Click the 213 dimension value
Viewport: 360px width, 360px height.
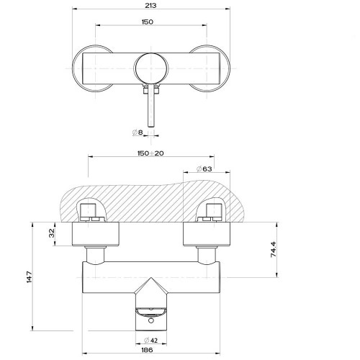click(150, 5)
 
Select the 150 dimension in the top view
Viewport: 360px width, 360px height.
click(148, 22)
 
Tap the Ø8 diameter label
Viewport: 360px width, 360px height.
click(138, 132)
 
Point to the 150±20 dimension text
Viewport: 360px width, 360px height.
click(150, 153)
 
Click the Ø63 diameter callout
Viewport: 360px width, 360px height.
click(204, 169)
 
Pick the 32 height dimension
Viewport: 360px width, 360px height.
click(52, 233)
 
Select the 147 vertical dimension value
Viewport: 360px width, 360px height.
click(30, 277)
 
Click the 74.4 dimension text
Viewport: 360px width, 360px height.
click(274, 250)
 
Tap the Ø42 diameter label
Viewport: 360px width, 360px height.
click(151, 340)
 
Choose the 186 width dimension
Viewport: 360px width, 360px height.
click(147, 350)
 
